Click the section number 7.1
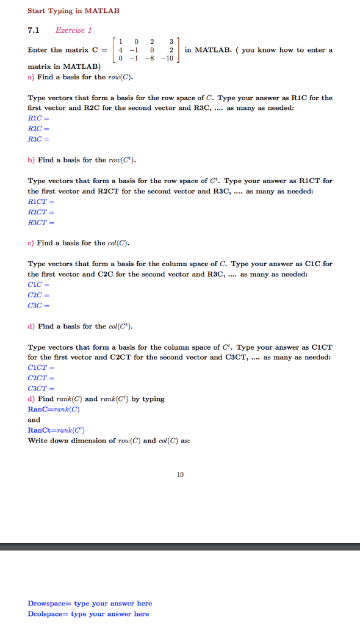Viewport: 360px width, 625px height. (34, 29)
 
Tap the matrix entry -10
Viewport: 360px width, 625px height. (168, 59)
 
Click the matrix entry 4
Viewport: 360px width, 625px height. (122, 50)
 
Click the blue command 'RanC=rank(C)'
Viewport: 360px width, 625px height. (54, 409)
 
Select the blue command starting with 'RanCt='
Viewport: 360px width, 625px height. (56, 430)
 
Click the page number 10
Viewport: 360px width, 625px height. (180, 474)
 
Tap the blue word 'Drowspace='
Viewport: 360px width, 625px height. (49, 604)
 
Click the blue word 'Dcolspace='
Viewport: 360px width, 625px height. (48, 614)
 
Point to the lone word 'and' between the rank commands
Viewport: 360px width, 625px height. (34, 419)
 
